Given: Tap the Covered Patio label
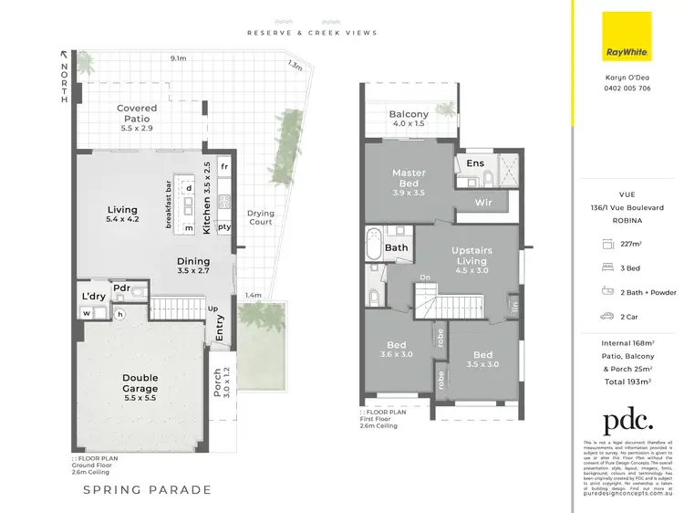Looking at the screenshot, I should pyautogui.click(x=137, y=113).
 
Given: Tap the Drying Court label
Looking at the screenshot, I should pyautogui.click(x=261, y=217).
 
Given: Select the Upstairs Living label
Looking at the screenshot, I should pyautogui.click(x=472, y=255).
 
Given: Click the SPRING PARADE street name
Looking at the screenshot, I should pyautogui.click(x=148, y=490).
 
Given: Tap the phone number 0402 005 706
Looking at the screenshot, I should pyautogui.click(x=627, y=88).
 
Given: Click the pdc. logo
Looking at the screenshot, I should pyautogui.click(x=627, y=422).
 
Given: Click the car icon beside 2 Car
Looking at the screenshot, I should pyautogui.click(x=605, y=317).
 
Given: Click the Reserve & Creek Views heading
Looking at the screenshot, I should pyautogui.click(x=312, y=33).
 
